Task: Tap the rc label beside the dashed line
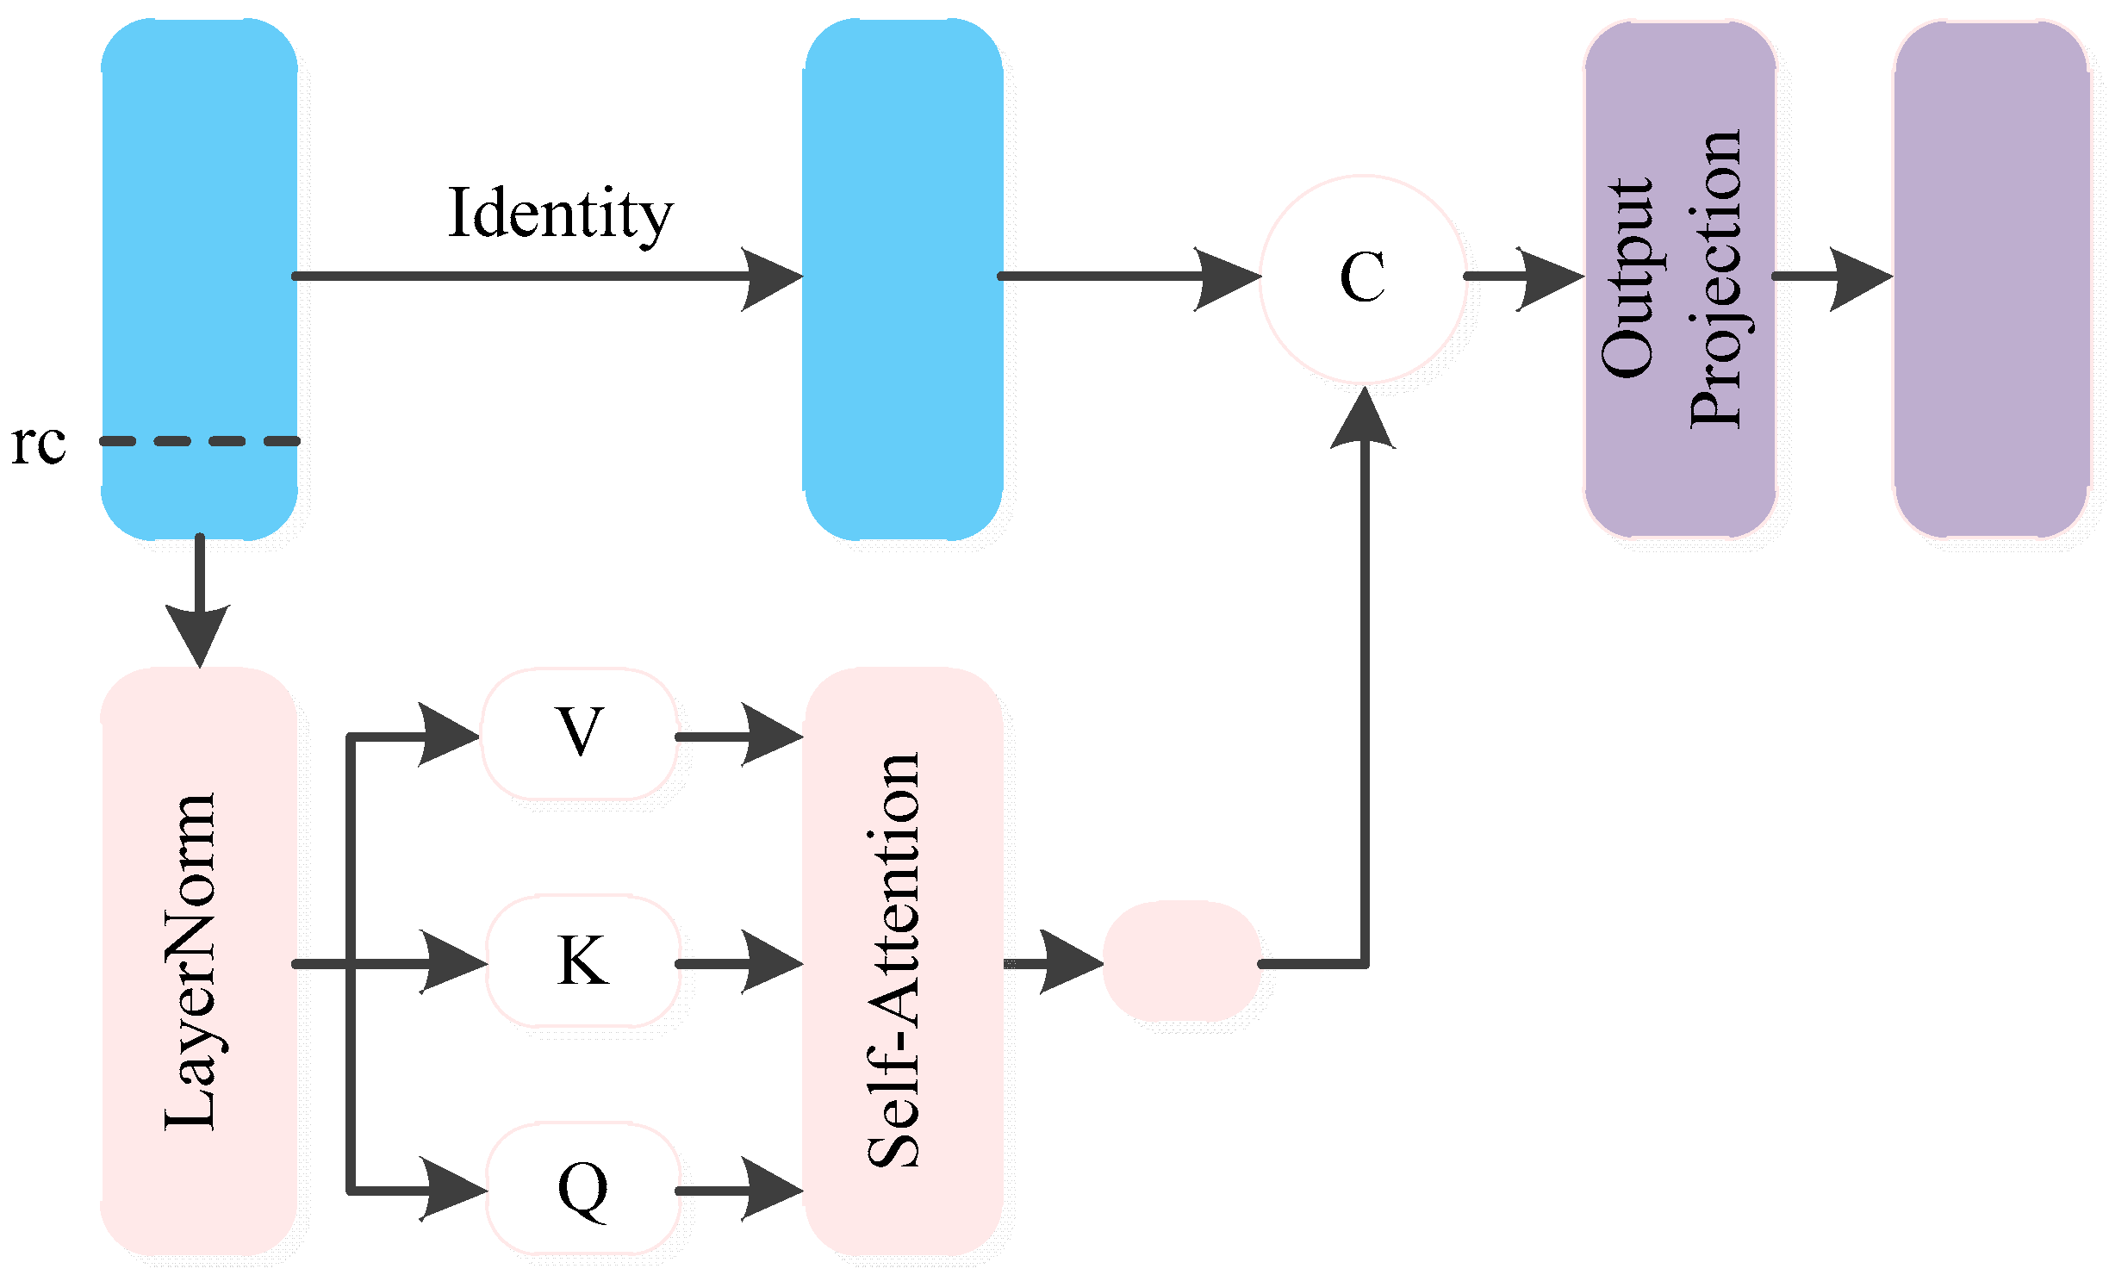tap(39, 445)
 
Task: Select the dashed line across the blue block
tap(200, 441)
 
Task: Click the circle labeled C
tap(1363, 278)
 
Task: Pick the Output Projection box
tap(1680, 278)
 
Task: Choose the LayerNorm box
tap(200, 961)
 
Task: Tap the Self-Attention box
tap(903, 961)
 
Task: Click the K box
tap(583, 961)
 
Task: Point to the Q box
tap(583, 1189)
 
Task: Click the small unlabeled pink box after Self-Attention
tap(1182, 961)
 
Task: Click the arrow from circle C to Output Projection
tap(1525, 277)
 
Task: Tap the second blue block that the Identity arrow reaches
tap(903, 278)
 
